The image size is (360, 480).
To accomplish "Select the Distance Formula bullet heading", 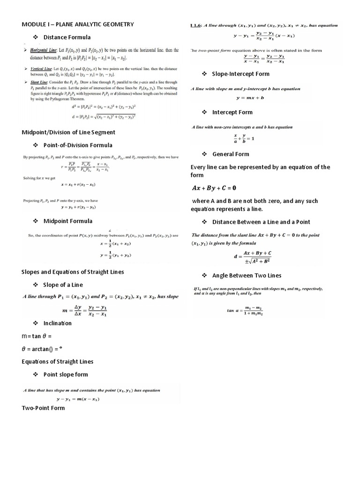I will [67, 37].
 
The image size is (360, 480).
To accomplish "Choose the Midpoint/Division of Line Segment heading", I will [68, 132].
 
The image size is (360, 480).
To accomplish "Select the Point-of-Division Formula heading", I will [78, 145].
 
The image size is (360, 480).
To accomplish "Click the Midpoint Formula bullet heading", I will [68, 221].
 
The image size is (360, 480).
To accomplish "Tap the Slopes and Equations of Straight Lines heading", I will [73, 272].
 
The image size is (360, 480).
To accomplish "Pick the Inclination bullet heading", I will [58, 323].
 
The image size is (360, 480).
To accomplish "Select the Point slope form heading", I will [66, 375].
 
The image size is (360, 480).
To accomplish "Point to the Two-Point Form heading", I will [43, 408].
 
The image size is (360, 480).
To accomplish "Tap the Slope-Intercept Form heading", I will [241, 74].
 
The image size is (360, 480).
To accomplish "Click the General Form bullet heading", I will [231, 154].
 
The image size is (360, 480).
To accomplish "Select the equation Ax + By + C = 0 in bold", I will [220, 188].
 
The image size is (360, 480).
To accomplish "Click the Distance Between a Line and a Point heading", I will [261, 222].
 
